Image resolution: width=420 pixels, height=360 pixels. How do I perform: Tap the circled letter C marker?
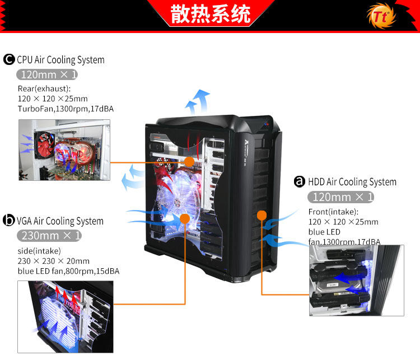9,59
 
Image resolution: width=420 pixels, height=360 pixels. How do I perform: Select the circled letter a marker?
300,181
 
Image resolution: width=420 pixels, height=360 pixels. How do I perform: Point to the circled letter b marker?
9,221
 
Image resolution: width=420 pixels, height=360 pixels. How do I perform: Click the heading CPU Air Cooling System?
60,60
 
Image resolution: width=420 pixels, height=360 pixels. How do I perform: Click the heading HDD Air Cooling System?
353,182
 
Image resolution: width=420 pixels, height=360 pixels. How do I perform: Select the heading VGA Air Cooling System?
60,221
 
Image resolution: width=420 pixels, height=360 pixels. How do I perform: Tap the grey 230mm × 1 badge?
49,235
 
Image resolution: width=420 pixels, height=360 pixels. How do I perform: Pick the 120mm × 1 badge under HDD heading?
340,197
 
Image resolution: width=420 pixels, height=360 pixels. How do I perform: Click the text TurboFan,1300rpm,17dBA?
66,109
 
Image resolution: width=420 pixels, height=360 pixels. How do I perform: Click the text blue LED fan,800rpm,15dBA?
68,271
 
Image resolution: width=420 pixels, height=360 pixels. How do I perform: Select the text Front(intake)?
333,212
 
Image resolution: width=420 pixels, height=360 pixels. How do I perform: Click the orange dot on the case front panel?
261,215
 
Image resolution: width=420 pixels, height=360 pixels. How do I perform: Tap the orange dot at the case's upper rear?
189,161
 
